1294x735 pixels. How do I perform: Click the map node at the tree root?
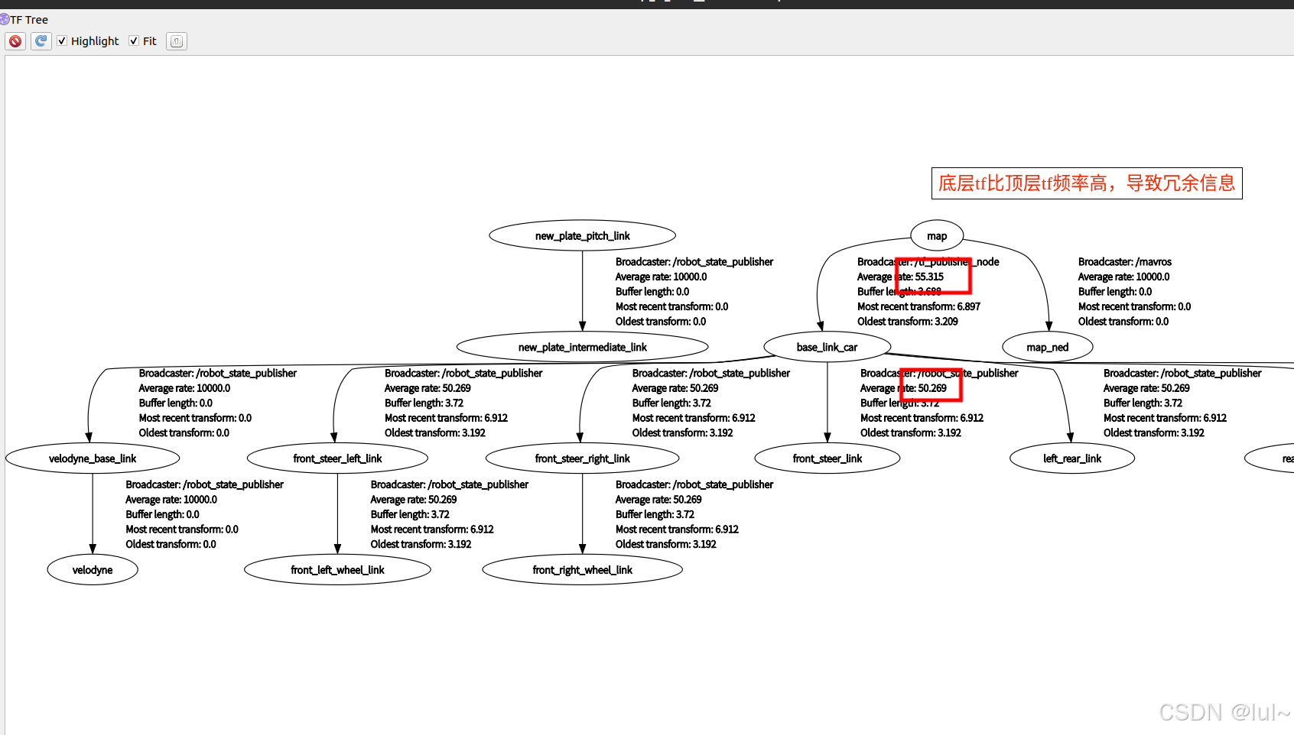936,236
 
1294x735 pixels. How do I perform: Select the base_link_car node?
827,347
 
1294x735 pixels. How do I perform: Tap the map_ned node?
1047,347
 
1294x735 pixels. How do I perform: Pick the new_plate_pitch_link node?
582,236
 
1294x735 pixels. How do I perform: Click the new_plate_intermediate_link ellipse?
582,347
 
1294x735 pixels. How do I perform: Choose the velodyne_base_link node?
93,458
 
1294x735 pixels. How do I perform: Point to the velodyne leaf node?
93,570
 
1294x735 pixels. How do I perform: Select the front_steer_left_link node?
337,458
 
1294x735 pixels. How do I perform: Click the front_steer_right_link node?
582,458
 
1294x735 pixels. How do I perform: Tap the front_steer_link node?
827,458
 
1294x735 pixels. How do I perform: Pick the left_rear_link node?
1071,458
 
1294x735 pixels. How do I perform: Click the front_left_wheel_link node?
337,570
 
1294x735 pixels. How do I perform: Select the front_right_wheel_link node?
582,570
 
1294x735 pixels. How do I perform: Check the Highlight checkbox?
62,41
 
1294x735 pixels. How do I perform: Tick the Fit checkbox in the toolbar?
134,41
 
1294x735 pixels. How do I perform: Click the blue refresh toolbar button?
41,41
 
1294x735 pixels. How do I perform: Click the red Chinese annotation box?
1086,183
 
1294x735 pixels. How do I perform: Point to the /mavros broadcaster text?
1124,262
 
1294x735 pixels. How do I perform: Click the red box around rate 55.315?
933,276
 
